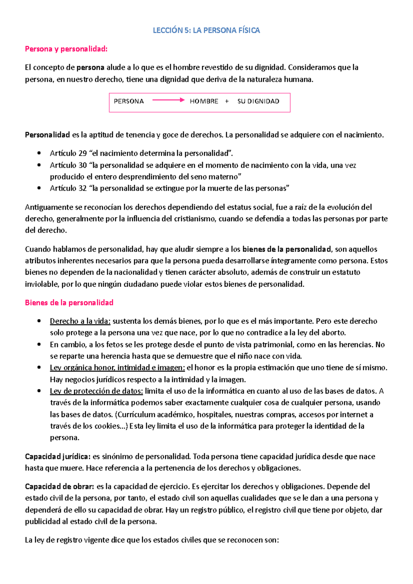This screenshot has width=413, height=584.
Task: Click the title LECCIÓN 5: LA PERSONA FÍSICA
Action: click(206, 30)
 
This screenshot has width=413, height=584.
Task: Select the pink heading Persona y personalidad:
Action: click(66, 49)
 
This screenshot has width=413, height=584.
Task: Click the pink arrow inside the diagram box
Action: click(168, 100)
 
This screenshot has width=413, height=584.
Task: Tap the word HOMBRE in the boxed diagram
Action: click(204, 101)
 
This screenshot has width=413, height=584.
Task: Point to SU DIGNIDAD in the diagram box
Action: click(258, 101)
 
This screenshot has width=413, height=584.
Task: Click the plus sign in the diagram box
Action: click(227, 101)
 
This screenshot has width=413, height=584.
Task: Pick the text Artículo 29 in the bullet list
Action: click(68, 153)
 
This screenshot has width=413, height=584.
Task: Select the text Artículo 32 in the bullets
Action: click(68, 188)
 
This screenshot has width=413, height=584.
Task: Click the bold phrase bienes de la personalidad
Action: click(286, 249)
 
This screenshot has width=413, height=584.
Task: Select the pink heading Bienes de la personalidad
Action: click(69, 303)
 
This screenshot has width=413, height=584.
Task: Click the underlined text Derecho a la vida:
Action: click(80, 321)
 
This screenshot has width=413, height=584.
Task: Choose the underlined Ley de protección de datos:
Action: click(96, 391)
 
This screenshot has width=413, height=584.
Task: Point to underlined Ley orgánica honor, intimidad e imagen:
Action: click(117, 368)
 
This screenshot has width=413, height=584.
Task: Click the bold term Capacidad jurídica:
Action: click(57, 457)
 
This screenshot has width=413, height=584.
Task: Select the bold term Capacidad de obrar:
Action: click(59, 487)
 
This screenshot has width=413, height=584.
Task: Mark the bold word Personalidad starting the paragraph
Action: click(47, 135)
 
